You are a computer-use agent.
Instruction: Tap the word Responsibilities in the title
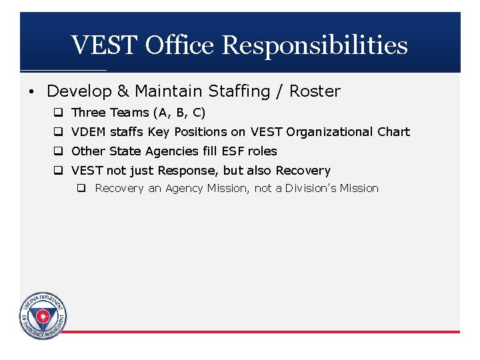(x=315, y=45)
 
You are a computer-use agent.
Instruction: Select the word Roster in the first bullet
(x=315, y=91)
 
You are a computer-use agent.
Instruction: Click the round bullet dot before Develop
(x=34, y=91)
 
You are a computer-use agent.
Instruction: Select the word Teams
(x=130, y=113)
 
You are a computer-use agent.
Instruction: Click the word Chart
(x=393, y=132)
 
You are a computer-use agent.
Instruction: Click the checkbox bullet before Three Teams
(x=59, y=113)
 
